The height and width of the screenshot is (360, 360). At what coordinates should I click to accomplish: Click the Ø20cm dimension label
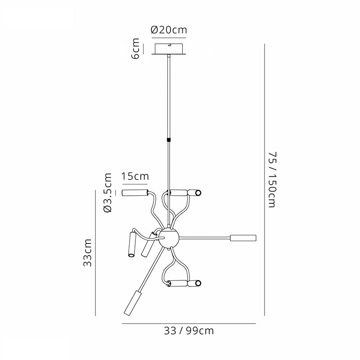click(169, 30)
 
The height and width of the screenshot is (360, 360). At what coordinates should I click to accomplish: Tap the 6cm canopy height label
click(136, 49)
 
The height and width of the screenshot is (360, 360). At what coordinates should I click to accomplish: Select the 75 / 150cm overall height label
click(272, 180)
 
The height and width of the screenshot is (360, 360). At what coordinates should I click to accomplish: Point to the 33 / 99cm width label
click(189, 331)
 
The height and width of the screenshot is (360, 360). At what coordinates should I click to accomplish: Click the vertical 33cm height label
click(87, 252)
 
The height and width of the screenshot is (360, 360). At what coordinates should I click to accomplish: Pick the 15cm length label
click(135, 176)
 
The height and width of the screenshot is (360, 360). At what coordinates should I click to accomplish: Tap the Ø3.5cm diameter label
click(108, 193)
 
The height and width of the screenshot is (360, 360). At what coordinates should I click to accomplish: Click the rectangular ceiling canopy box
click(169, 49)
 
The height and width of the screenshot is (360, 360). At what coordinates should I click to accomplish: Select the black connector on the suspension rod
click(169, 139)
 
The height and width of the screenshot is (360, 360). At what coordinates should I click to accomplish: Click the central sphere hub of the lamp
click(169, 238)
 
